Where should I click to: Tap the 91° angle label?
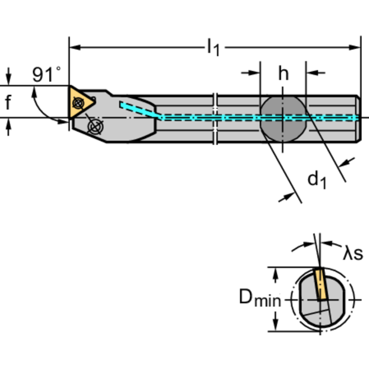click(x=47, y=75)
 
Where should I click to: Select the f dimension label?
click(x=8, y=102)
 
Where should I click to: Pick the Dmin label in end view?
click(x=260, y=299)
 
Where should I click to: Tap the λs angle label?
click(x=353, y=253)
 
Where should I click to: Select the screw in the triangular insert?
click(x=77, y=102)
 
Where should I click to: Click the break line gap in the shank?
click(x=216, y=118)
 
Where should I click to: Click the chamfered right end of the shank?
click(x=358, y=118)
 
